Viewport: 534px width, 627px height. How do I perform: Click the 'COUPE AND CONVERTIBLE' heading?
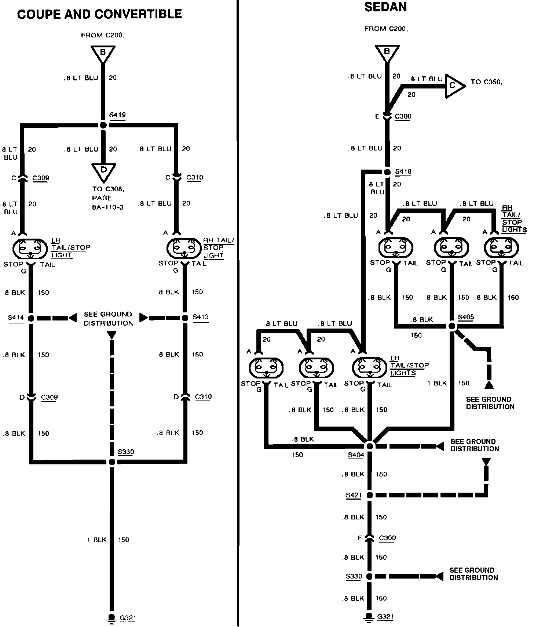(99, 14)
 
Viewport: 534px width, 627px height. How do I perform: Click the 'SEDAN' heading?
(385, 7)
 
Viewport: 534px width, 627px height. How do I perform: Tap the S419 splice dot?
(103, 125)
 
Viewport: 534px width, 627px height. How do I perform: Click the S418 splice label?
(403, 171)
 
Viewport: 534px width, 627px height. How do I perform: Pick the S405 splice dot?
(452, 326)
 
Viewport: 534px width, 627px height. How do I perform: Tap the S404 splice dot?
(370, 446)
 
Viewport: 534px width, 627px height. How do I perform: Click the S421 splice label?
(354, 495)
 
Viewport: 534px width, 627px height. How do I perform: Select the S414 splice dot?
(31, 318)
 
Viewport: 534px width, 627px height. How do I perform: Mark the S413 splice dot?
(185, 318)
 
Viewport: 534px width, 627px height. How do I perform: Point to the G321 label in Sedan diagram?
(385, 616)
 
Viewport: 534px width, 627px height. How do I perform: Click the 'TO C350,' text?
(486, 82)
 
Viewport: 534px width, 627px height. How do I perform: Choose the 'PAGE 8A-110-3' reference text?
(107, 202)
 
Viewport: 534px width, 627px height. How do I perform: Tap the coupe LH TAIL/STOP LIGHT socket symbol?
(30, 249)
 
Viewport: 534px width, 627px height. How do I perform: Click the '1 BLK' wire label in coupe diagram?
(97, 540)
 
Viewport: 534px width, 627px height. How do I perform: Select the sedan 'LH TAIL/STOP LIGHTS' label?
(409, 366)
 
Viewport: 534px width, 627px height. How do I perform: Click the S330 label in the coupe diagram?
(126, 452)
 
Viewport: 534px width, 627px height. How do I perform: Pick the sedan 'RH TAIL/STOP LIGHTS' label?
(513, 218)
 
